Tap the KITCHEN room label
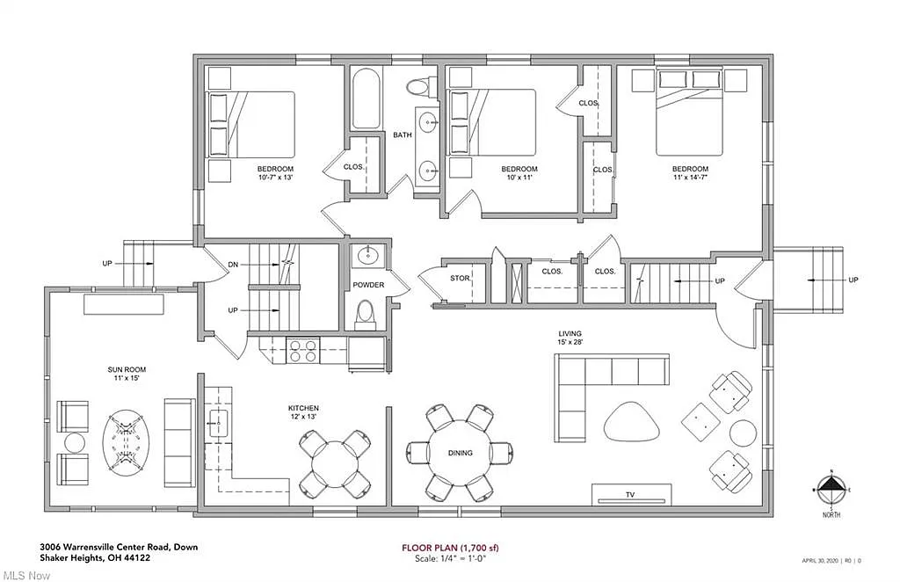[x=303, y=409]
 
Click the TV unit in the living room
[x=629, y=494]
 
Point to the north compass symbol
[x=832, y=486]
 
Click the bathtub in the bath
[x=366, y=100]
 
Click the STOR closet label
[x=460, y=279]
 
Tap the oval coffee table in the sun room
[x=126, y=440]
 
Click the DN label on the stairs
[x=233, y=263]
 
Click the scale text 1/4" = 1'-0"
[x=450, y=559]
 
